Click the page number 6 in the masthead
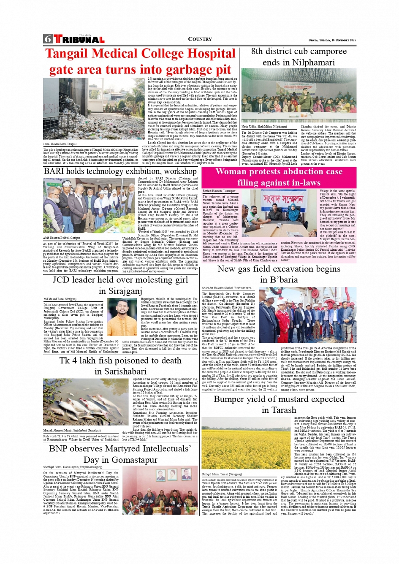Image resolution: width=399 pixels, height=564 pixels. [48, 39]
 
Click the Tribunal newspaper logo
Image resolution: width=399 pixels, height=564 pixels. [79, 39]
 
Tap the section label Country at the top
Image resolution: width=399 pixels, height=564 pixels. [200, 39]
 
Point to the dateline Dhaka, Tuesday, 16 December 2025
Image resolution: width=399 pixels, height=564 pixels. [332, 40]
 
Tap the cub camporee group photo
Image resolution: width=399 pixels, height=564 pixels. [299, 95]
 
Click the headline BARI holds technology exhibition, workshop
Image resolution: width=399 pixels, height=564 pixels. [120, 171]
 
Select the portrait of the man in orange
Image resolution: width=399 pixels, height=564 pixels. [122, 317]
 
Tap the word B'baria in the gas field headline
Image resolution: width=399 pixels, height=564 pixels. [279, 280]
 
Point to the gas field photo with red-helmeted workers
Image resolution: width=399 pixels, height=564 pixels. [307, 315]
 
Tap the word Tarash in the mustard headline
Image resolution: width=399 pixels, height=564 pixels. [279, 410]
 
